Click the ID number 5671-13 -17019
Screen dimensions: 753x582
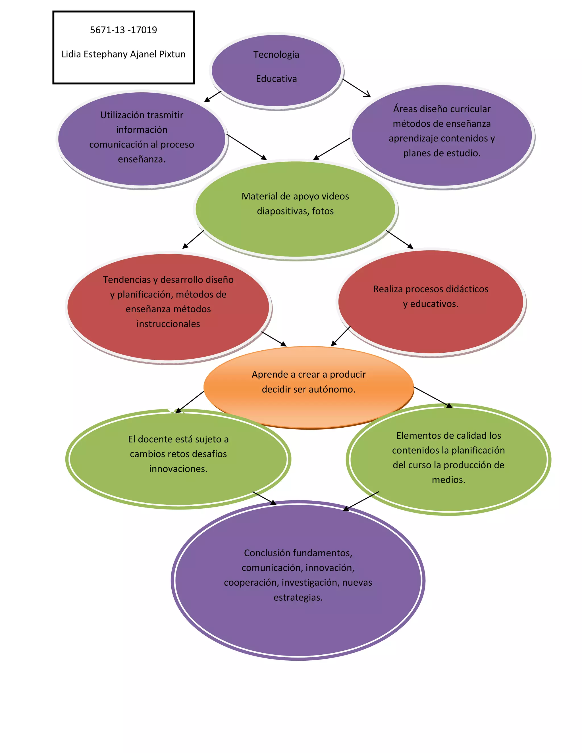click(123, 30)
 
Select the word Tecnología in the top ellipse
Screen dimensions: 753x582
click(276, 55)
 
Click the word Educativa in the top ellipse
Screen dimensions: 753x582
click(276, 79)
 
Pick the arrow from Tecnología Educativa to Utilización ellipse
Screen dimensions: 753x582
click(213, 96)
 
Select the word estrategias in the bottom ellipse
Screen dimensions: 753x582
click(298, 598)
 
